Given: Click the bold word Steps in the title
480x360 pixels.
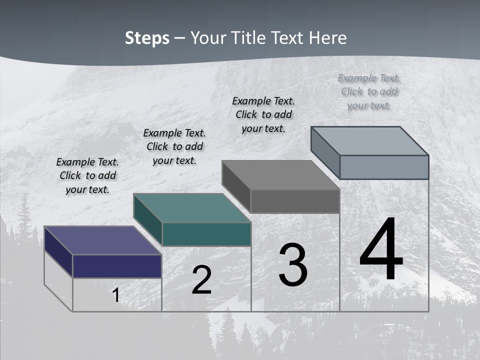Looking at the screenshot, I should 147,38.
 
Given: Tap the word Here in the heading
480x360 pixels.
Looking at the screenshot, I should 327,38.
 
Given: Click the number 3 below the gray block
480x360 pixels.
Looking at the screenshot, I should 293,265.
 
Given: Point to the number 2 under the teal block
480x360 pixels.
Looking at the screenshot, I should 201,280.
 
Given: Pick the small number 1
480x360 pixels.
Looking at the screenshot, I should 115,295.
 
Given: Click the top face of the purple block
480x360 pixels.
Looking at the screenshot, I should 102,240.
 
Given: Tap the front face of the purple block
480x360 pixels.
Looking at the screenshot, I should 117,266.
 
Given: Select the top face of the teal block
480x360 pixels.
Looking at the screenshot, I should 192,208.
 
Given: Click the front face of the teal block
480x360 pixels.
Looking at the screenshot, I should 206,234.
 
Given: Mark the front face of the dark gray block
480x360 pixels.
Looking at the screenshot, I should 295,201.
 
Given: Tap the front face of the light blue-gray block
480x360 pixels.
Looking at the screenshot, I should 384,167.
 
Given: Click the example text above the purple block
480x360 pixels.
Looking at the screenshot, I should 87,175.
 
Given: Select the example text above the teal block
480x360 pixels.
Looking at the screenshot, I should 174,146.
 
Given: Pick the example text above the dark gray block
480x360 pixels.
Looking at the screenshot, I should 263,114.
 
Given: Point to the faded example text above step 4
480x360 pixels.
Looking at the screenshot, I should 369,91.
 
